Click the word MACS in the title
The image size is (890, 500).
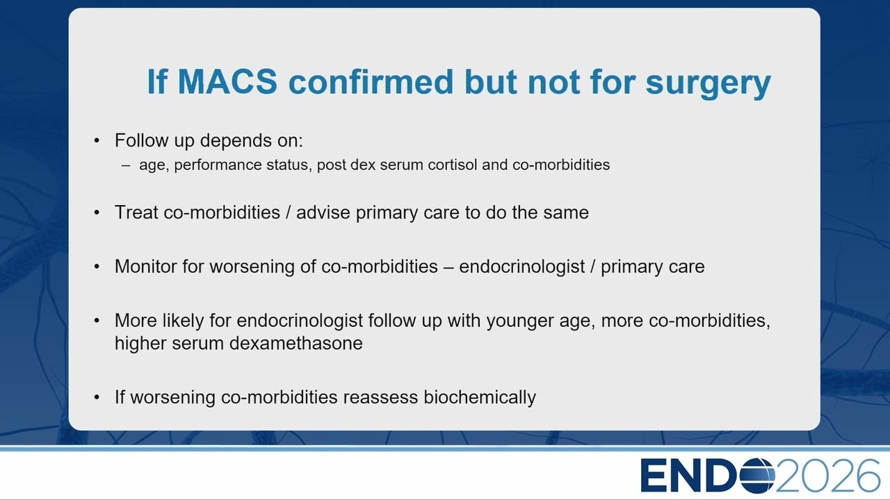coord(227,81)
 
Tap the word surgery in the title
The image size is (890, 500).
coord(708,84)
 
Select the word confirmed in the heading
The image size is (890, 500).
coord(371,81)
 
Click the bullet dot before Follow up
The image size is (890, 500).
coord(97,140)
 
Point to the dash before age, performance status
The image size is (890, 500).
coord(126,165)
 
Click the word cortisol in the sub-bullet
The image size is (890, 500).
coord(452,165)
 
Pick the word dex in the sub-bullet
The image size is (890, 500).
coord(363,165)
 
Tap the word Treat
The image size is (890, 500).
coord(136,212)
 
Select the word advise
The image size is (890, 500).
coord(323,212)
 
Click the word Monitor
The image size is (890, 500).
coord(146,266)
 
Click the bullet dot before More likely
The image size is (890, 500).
coord(97,320)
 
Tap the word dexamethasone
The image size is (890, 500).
coord(296,343)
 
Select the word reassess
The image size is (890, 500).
coord(380,397)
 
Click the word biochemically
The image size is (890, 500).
coord(480,398)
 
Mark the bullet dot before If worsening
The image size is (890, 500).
coord(97,397)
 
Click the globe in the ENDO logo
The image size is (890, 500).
coord(758,476)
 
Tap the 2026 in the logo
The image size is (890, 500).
coord(827,476)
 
